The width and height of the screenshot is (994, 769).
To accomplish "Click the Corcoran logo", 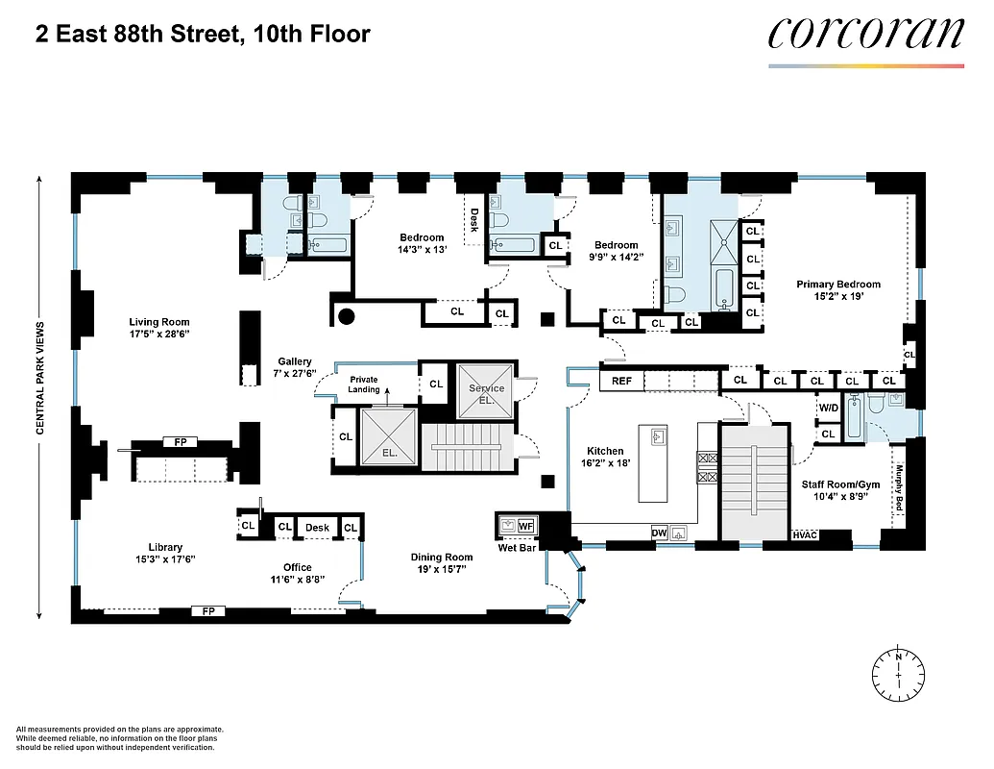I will coord(865,34).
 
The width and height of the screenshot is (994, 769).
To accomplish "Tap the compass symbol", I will coord(898,672).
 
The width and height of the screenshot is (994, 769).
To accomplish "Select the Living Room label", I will coord(160,322).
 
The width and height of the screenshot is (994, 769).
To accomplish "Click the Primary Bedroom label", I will coord(837,285).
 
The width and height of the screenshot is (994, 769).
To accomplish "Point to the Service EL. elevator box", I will coord(486,393).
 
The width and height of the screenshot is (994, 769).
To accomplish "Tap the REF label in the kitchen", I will coord(621,382).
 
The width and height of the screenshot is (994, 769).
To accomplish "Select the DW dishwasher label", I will coord(659,532).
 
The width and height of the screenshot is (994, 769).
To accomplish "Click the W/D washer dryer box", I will coord(828,408).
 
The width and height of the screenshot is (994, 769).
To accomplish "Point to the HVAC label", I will coord(805,534).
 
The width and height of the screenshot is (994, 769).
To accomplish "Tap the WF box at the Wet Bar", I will coord(525,526).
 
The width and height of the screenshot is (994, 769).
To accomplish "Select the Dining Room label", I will coord(442,558).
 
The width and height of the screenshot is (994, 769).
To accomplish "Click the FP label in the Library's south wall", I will coord(206,610).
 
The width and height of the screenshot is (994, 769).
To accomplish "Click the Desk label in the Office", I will coord(317,528).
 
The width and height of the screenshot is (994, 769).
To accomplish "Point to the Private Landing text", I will coord(364,384).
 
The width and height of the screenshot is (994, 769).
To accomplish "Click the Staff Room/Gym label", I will coord(840,484).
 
